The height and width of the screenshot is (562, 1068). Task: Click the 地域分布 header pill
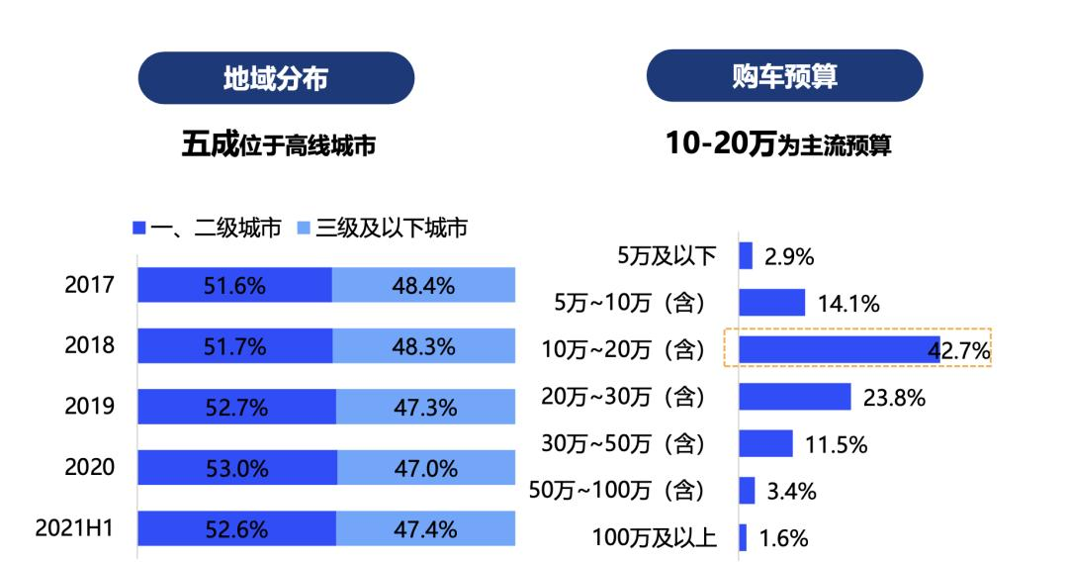pyautogui.click(x=275, y=78)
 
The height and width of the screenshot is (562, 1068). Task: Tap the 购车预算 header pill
pyautogui.click(x=784, y=76)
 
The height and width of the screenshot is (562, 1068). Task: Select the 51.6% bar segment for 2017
pyautogui.click(x=235, y=285)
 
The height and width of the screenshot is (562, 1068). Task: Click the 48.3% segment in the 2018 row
pyautogui.click(x=424, y=346)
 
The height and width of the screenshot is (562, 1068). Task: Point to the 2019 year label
pyautogui.click(x=90, y=406)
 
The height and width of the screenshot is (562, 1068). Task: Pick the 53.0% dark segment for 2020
pyautogui.click(x=237, y=467)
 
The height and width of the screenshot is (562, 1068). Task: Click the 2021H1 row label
pyautogui.click(x=74, y=527)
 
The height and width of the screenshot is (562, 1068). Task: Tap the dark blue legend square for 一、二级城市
pyautogui.click(x=139, y=229)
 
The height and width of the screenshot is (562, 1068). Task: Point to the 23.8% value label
pyautogui.click(x=893, y=398)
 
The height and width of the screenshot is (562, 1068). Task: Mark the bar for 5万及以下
pyautogui.click(x=746, y=256)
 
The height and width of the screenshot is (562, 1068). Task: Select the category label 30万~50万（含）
pyautogui.click(x=622, y=444)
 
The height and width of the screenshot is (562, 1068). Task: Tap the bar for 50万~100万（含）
pyautogui.click(x=747, y=491)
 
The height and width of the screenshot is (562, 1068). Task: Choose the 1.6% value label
pyautogui.click(x=784, y=538)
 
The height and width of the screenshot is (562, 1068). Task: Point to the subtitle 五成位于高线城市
pyautogui.click(x=278, y=145)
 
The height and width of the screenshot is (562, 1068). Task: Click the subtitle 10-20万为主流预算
pyautogui.click(x=778, y=145)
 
